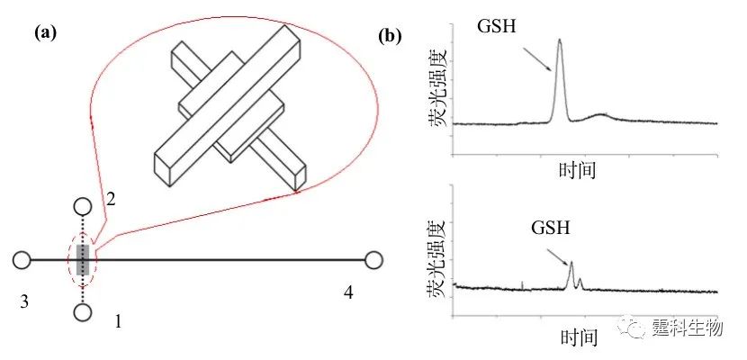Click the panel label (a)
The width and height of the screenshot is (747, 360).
pos(45,34)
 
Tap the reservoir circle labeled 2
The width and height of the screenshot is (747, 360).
pos(82,206)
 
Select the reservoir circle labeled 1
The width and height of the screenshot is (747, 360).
pos(82,312)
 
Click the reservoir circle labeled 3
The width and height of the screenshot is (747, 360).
pos(22,260)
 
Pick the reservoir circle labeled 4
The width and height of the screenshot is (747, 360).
pos(373,260)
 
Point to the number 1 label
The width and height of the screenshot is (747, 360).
pos(116,319)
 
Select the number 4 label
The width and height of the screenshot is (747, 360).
pos(348,292)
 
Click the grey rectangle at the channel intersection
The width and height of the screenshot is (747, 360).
pos(82,259)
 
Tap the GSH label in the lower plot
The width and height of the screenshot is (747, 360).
pos(551,225)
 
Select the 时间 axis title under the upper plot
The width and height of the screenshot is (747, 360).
pos(577,168)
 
